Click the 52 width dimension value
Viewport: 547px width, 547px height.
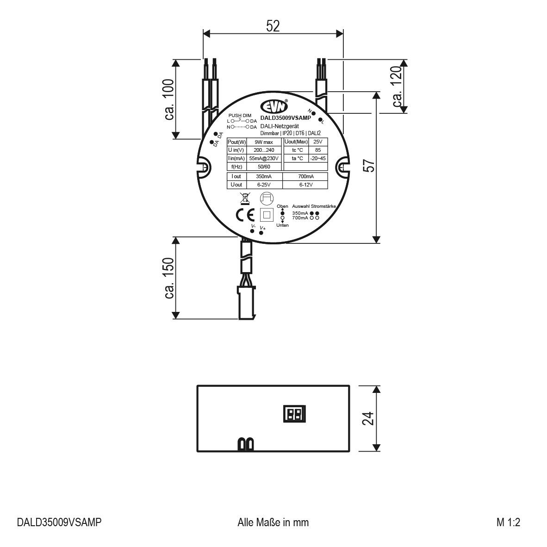point(273,26)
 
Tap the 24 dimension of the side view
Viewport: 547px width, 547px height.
point(368,419)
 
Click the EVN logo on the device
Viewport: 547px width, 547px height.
point(274,106)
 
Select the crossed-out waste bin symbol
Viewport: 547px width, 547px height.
point(245,198)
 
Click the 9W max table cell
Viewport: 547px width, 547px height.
point(264,142)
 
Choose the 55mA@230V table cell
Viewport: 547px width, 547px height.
point(264,158)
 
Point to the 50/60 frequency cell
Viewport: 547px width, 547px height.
point(264,167)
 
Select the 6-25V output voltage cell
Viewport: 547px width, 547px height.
point(264,185)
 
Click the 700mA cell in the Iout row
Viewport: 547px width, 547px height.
point(306,176)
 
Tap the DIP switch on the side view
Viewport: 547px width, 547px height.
point(294,413)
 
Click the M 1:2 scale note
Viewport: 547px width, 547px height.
point(509,522)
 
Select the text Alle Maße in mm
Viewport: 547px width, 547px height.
point(273,522)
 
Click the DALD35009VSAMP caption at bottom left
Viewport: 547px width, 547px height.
point(59,522)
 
